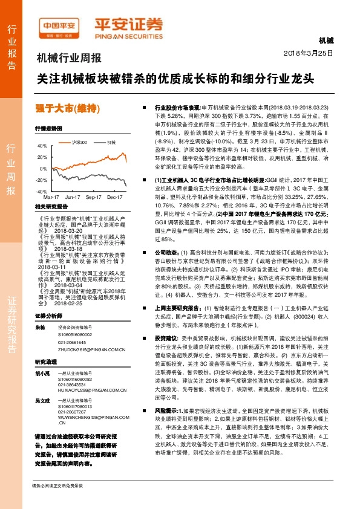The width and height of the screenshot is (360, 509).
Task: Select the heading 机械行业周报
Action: (69, 59)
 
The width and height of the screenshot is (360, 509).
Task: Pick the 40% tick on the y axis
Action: (42, 146)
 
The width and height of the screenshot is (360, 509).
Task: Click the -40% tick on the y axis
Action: (41, 191)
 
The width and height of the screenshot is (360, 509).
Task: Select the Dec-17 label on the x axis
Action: (115, 197)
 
